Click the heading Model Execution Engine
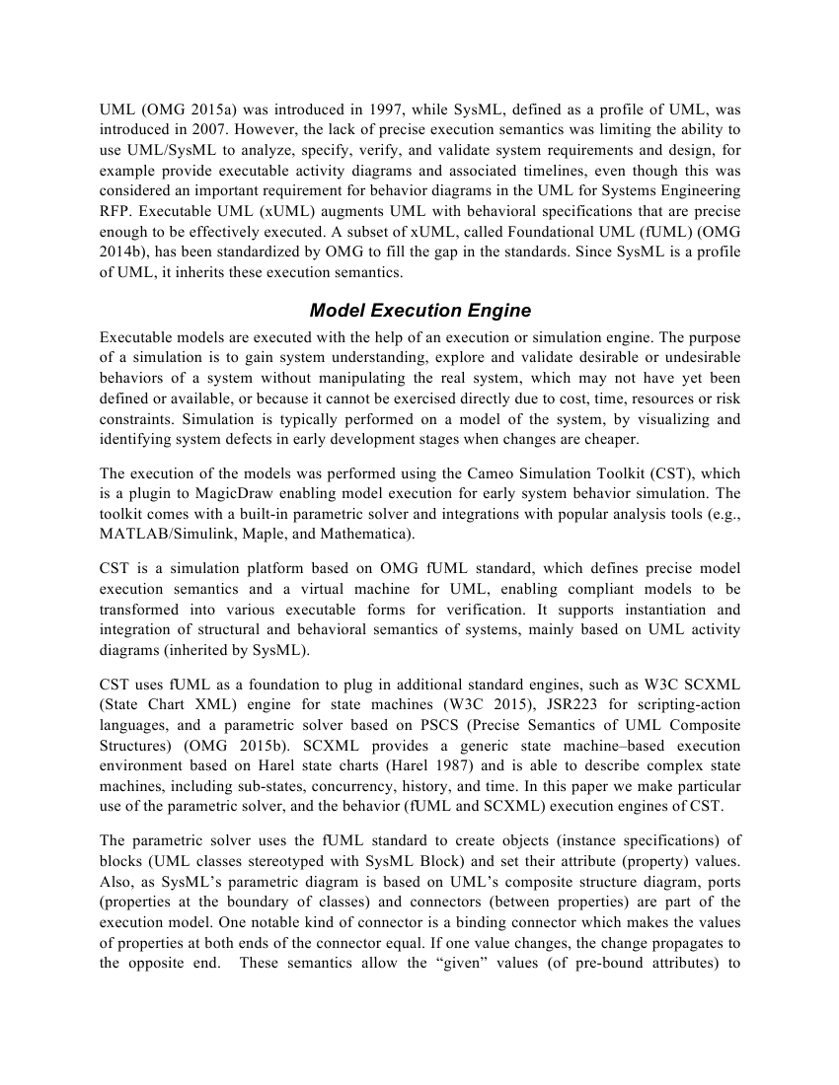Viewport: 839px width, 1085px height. (x=419, y=311)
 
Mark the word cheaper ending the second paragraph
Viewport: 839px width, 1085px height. (x=610, y=439)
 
